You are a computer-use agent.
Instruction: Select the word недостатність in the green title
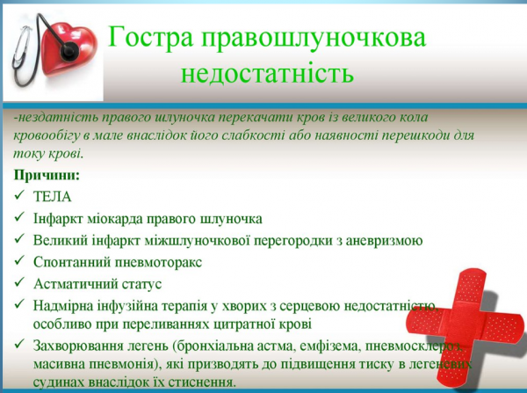(267, 72)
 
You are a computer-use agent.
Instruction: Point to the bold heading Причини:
(45, 174)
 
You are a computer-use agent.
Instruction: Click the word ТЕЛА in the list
(54, 196)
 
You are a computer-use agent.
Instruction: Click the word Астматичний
(75, 284)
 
